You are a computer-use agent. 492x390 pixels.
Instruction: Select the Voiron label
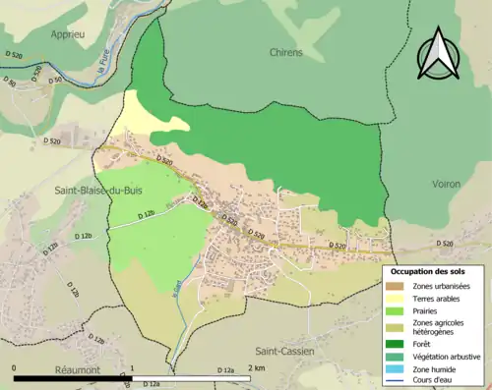tap(446, 184)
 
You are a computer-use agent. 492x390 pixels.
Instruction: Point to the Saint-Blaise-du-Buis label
tap(79, 192)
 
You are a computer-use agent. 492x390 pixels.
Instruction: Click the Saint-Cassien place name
tap(284, 351)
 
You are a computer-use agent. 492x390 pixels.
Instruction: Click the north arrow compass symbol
tap(439, 53)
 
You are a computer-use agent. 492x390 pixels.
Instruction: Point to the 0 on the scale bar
tap(14, 367)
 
